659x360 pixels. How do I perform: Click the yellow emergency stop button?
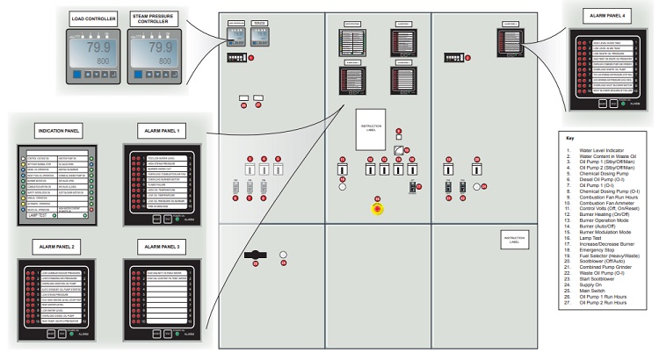378,210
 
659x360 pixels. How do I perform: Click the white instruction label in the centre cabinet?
372,128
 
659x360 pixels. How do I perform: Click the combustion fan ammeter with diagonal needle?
399,151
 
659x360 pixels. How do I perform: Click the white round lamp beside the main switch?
283,256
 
